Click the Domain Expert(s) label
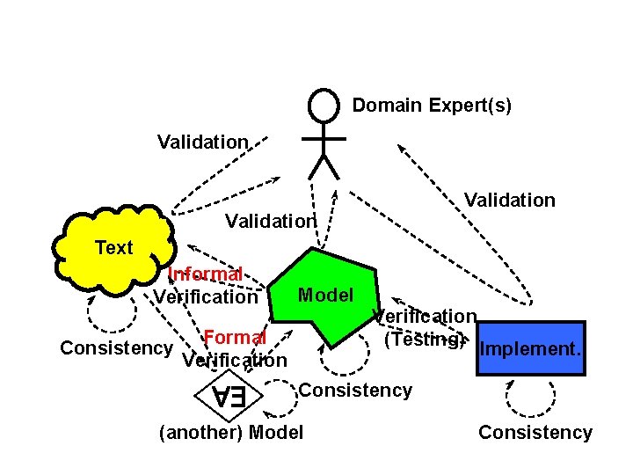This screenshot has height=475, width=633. point(431,106)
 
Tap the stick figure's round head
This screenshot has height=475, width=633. point(324,106)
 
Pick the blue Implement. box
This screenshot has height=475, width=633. point(529,348)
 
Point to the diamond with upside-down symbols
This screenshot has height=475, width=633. point(227,397)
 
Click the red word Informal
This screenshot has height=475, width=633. point(205,274)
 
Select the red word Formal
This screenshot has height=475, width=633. point(235,338)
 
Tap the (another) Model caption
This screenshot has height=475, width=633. point(230,432)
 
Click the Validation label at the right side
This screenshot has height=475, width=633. point(509,201)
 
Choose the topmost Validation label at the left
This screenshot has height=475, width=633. point(202,142)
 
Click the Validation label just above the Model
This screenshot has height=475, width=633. point(269,221)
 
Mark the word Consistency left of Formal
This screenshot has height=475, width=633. point(116,347)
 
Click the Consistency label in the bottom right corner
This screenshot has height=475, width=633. point(535,432)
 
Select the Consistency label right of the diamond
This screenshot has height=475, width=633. point(355,391)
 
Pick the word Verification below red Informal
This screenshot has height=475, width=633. point(206,297)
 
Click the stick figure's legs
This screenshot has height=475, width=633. point(324,165)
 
